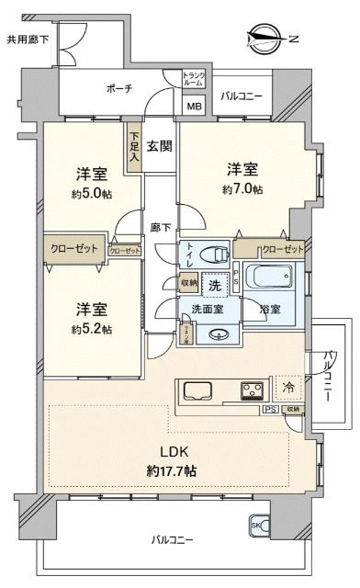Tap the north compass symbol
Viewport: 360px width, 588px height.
pyautogui.click(x=268, y=38)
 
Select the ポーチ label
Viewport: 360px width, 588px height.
pyautogui.click(x=119, y=88)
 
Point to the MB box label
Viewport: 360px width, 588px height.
pyautogui.click(x=195, y=106)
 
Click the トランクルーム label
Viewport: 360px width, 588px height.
pyautogui.click(x=194, y=79)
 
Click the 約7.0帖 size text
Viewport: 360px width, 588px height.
pyautogui.click(x=242, y=189)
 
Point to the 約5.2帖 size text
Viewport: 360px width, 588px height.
pyautogui.click(x=95, y=328)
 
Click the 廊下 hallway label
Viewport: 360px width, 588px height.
pyautogui.click(x=160, y=227)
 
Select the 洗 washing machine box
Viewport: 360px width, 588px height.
pyautogui.click(x=214, y=286)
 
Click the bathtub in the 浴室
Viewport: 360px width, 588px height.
pyautogui.click(x=272, y=277)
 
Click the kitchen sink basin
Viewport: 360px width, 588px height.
pyautogui.click(x=198, y=390)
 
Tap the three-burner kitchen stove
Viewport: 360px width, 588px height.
pyautogui.click(x=250, y=390)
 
